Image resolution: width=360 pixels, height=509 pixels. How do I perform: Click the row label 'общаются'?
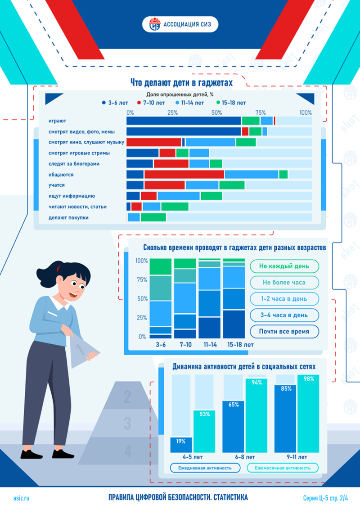[61, 175]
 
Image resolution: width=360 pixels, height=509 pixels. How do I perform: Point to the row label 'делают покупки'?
[68, 217]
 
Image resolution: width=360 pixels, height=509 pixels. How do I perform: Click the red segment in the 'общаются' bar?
[184, 175]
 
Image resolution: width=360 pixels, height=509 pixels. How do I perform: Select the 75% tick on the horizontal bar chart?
[261, 113]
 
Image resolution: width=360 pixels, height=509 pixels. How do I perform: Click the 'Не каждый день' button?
[284, 266]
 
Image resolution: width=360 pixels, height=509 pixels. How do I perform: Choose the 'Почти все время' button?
[284, 331]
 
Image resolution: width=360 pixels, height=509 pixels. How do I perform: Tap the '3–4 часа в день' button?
[284, 315]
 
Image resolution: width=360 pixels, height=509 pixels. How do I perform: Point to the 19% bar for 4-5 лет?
[181, 445]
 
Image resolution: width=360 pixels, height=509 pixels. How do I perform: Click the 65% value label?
[234, 405]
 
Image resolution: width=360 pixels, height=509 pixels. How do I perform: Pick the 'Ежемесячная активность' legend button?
[283, 468]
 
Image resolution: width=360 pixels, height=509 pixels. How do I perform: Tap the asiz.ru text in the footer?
[21, 498]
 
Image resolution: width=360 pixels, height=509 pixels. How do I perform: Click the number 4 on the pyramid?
[128, 450]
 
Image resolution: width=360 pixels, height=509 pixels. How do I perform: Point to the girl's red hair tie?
[58, 268]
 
